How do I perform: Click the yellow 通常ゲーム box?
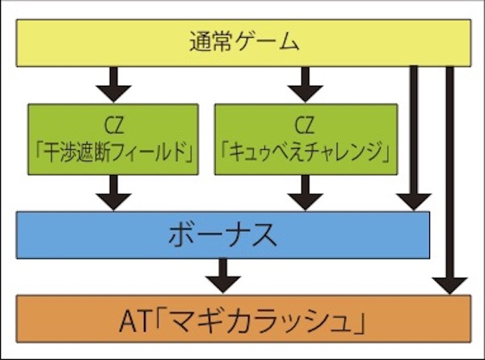pos(243,43)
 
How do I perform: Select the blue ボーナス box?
pos(223,235)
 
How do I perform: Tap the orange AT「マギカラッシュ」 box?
pos(243,319)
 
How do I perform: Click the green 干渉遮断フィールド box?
pos(113,139)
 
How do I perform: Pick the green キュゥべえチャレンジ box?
pos(306,139)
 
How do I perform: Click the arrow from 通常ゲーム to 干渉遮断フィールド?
pos(113,84)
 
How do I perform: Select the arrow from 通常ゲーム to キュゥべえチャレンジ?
pos(306,84)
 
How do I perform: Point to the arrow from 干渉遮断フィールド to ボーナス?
pos(113,193)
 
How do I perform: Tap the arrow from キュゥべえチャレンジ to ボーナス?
pos(306,193)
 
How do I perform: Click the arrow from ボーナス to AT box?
pos(223,276)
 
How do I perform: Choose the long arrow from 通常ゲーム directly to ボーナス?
pos(414,138)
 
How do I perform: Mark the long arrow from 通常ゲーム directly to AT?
pos(450,180)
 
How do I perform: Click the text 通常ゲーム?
pos(244,42)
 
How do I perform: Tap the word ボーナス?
pos(223,235)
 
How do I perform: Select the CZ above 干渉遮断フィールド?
pos(114,125)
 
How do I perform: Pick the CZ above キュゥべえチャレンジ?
pos(305,125)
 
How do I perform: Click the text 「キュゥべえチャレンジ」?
pos(306,152)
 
